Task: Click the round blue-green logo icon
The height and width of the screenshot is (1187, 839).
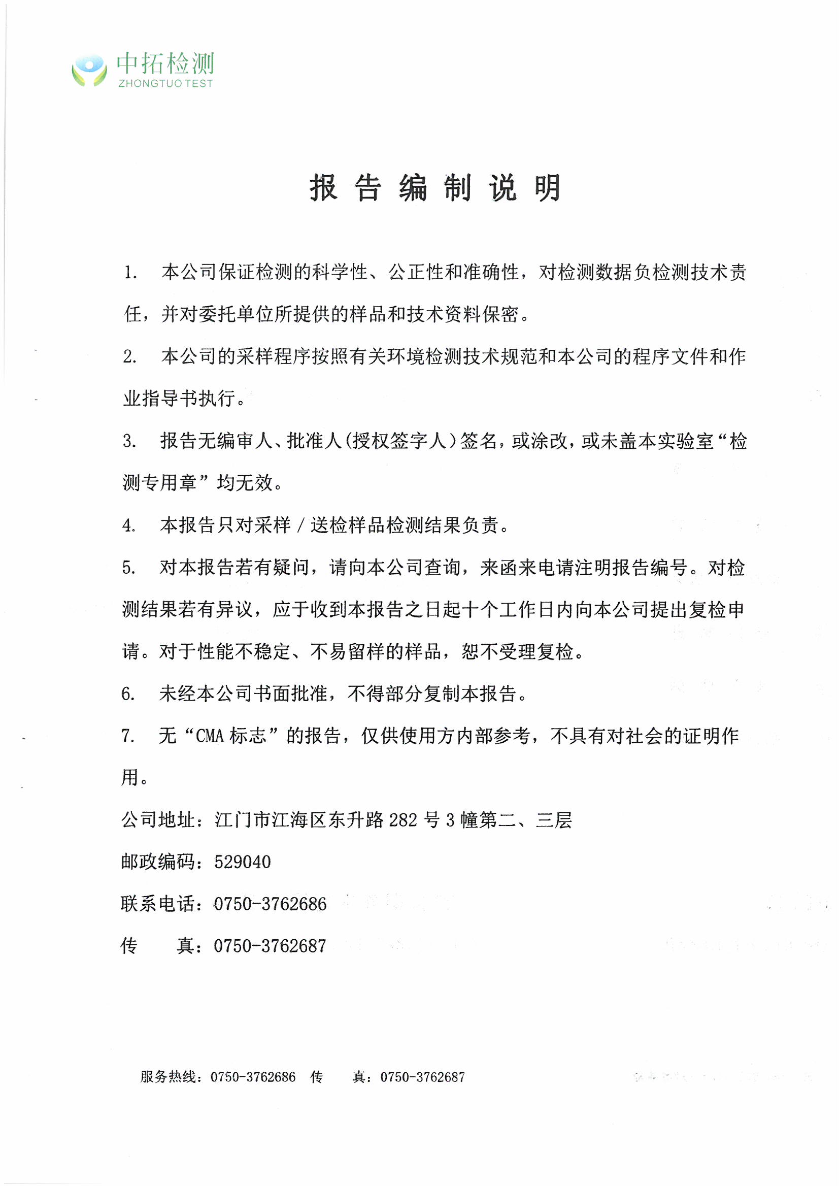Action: point(89,70)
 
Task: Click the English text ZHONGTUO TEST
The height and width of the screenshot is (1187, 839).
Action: point(165,84)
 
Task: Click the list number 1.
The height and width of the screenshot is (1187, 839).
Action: point(130,273)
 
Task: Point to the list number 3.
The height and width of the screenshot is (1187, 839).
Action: point(129,441)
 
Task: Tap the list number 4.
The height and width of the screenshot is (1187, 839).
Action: point(128,525)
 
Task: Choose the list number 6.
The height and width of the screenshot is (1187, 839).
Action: point(128,694)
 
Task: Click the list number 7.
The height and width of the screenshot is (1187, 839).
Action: point(127,736)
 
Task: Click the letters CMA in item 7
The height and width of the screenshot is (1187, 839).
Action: point(209,736)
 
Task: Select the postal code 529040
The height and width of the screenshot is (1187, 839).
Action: point(243,862)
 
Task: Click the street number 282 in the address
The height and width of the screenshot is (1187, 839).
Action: point(402,820)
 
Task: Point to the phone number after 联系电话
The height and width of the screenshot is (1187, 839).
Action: point(271,904)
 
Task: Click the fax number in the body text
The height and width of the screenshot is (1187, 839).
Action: point(271,946)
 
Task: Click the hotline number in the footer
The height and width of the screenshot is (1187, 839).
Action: point(253,1077)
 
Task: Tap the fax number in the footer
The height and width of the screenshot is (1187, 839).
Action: point(423,1077)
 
